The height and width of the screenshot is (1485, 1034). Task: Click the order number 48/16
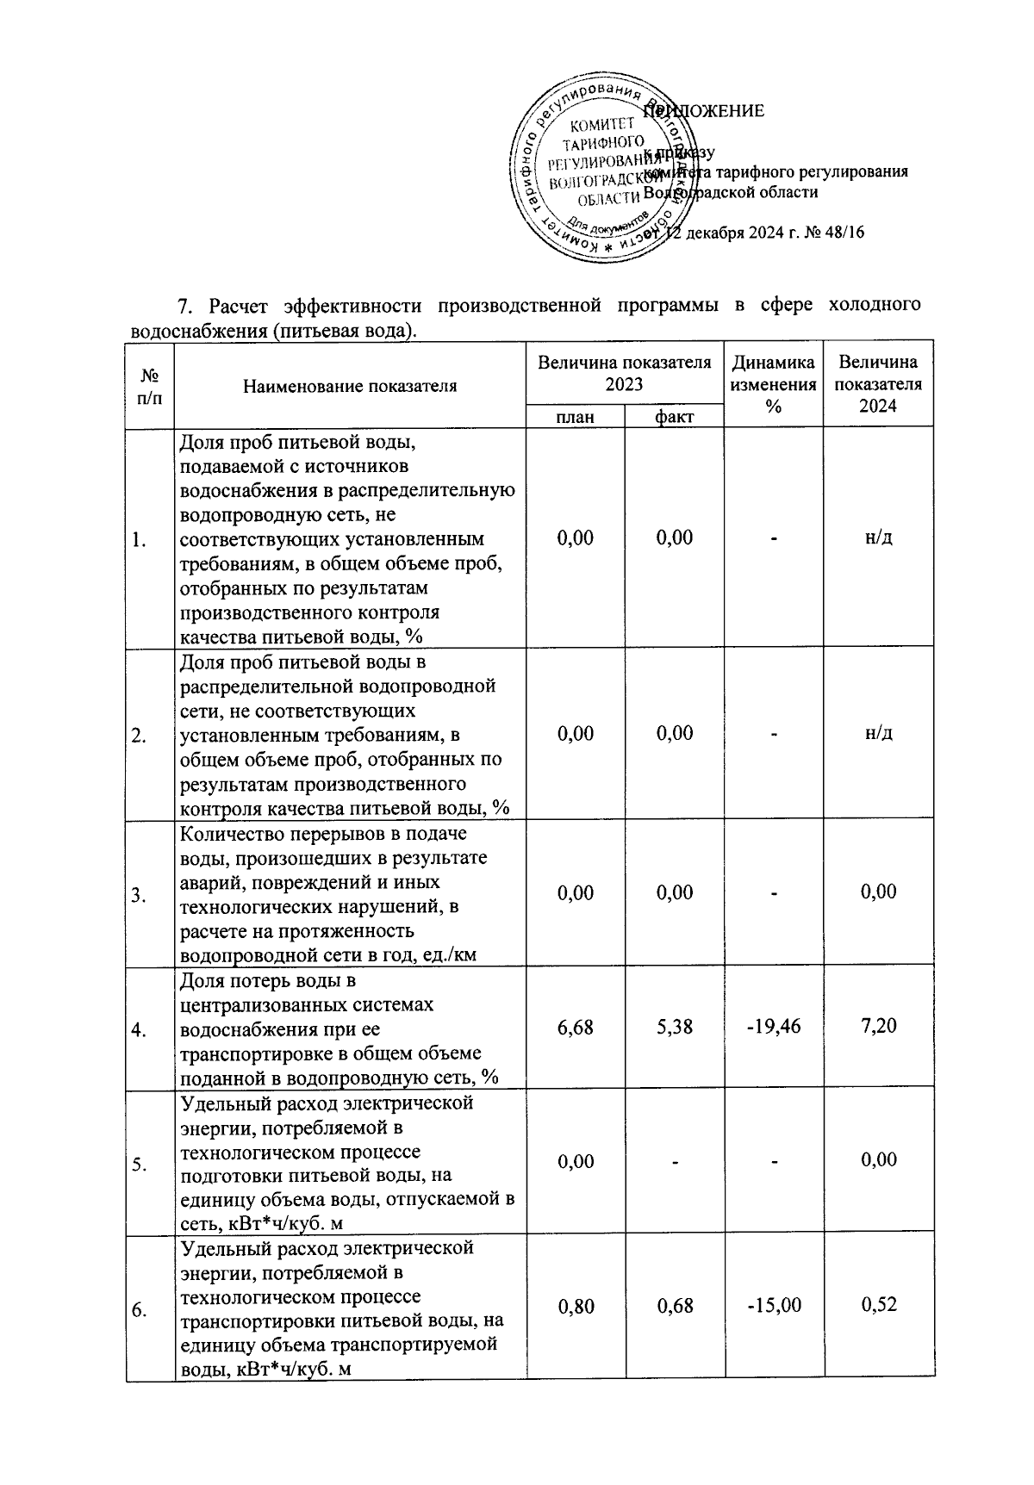pyautogui.click(x=844, y=233)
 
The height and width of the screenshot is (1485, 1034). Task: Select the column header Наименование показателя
pyautogui.click(x=350, y=386)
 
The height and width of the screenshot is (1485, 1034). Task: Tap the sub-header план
pyautogui.click(x=575, y=417)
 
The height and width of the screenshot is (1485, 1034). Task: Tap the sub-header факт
pyautogui.click(x=674, y=417)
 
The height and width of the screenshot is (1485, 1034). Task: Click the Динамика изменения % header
pyautogui.click(x=773, y=385)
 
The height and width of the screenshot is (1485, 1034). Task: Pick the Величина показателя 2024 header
pyautogui.click(x=878, y=384)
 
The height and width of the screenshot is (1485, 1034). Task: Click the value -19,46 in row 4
pyautogui.click(x=773, y=1027)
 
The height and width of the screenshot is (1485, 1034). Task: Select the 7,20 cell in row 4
pyautogui.click(x=878, y=1026)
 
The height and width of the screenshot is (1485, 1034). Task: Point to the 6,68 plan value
pyautogui.click(x=575, y=1027)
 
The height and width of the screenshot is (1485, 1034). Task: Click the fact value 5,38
pyautogui.click(x=674, y=1027)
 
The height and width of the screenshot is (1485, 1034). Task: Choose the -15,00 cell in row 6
pyautogui.click(x=773, y=1306)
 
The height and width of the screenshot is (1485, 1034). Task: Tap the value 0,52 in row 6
pyautogui.click(x=878, y=1305)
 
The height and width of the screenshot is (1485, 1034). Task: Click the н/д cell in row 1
pyautogui.click(x=878, y=537)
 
